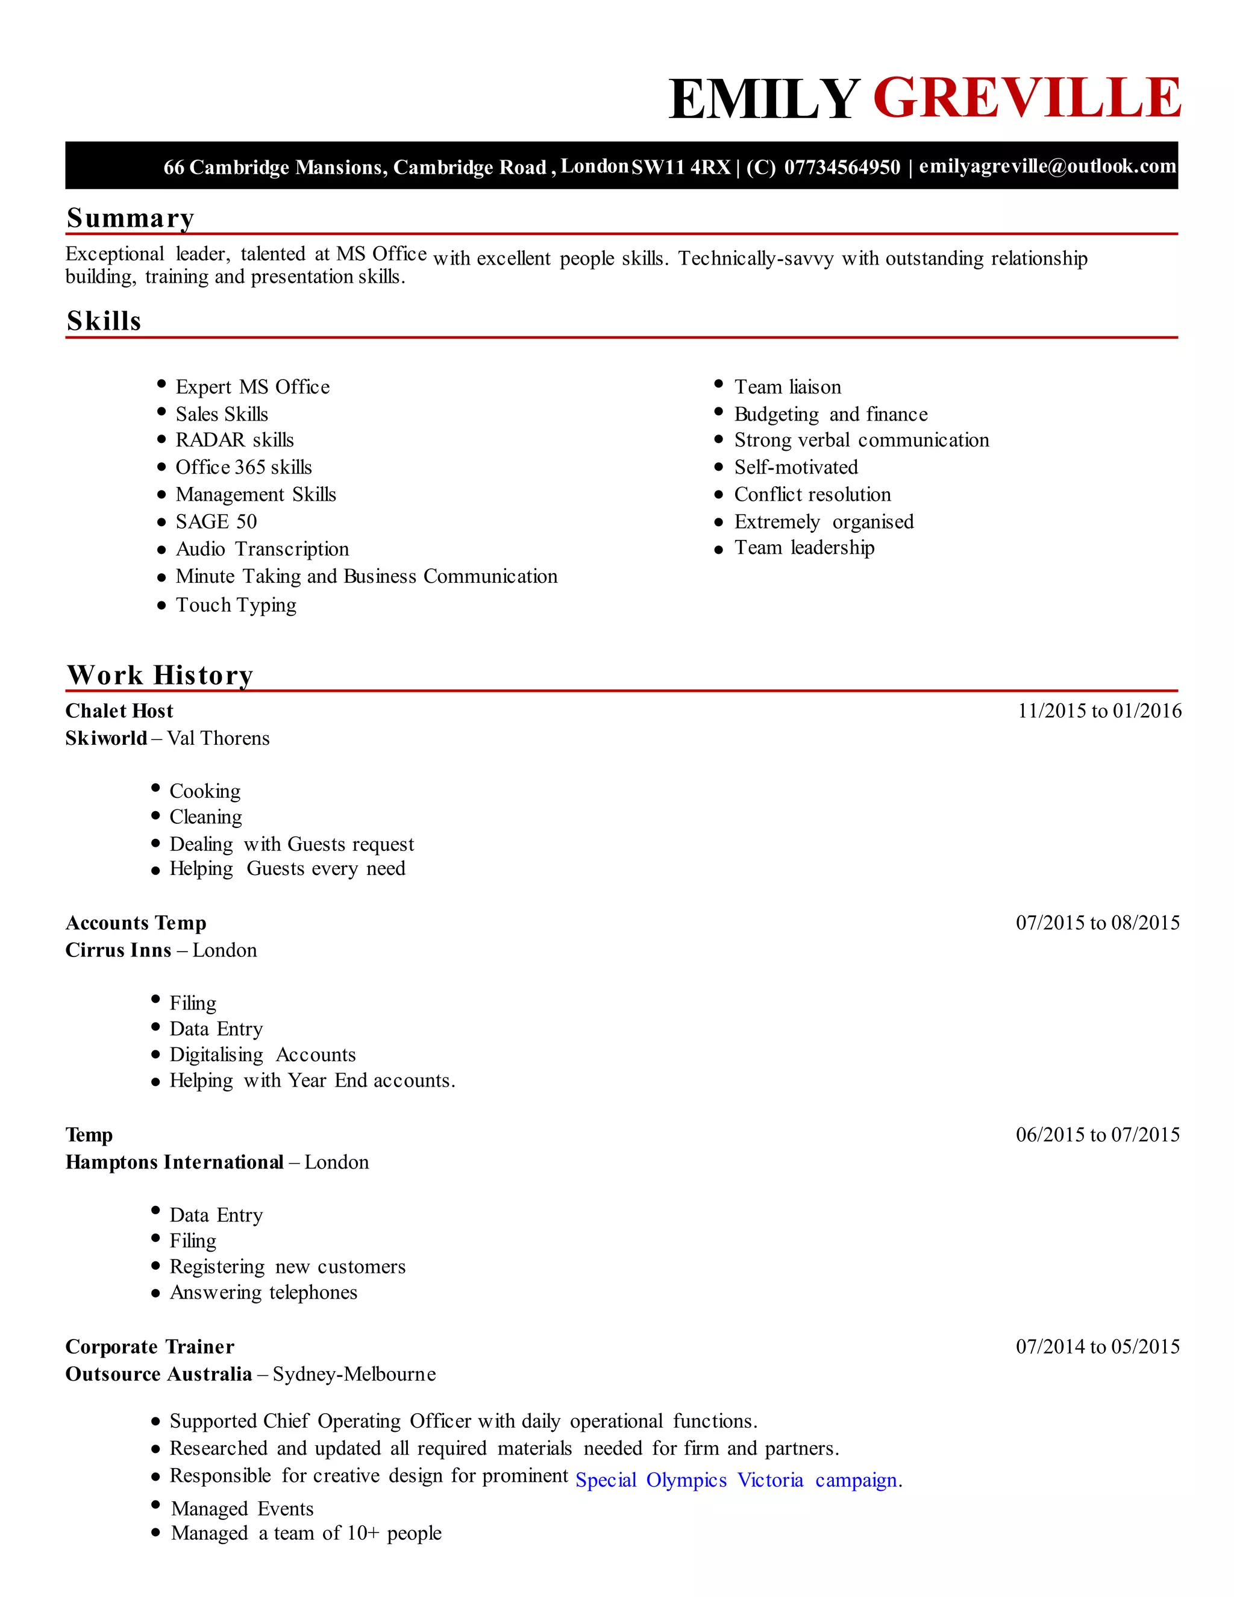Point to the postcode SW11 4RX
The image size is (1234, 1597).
[x=681, y=168]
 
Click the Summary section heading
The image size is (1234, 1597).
[x=130, y=218]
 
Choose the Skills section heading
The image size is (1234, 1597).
[x=104, y=321]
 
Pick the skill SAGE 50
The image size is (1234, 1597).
[x=216, y=521]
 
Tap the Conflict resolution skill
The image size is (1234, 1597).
[x=812, y=494]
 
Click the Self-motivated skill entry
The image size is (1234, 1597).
[x=796, y=467]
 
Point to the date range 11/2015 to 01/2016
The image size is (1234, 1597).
[x=1099, y=711]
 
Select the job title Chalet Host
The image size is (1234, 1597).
[x=119, y=711]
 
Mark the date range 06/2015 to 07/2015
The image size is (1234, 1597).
[x=1097, y=1134]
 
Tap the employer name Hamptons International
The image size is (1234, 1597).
[x=174, y=1162]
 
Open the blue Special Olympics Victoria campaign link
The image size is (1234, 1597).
[x=738, y=1480]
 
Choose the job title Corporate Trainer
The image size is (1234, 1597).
[x=150, y=1346]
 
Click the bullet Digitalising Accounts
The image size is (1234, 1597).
[x=263, y=1055]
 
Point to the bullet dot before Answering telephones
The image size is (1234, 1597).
[x=155, y=1293]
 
